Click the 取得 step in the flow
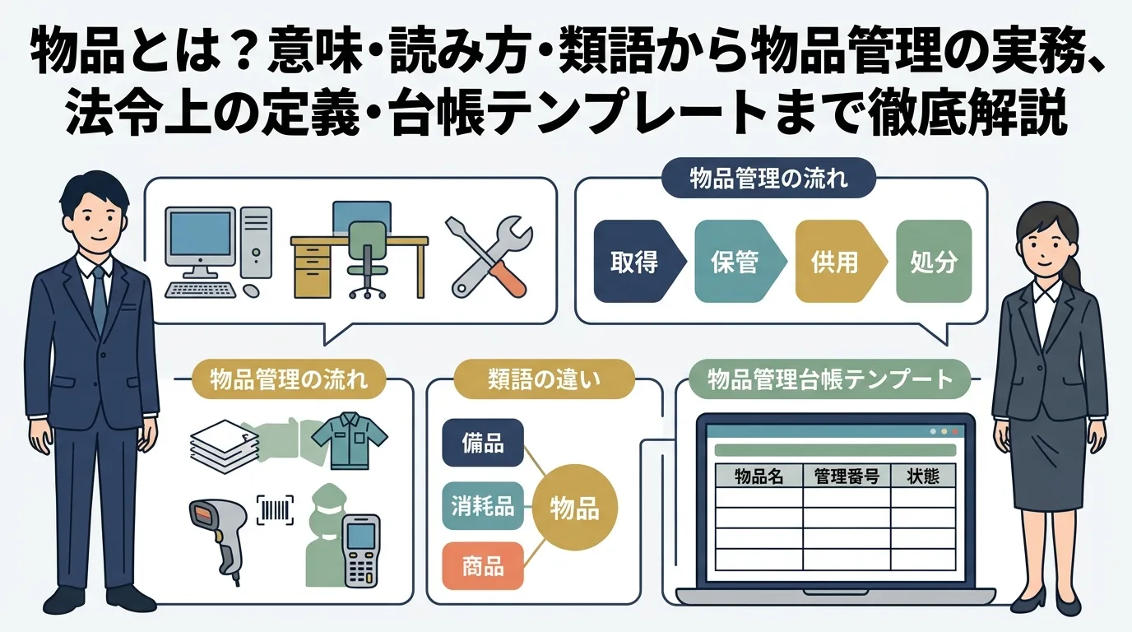[x=633, y=262]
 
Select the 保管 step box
[x=734, y=262]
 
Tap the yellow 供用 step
[x=834, y=262]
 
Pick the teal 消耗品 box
[x=483, y=504]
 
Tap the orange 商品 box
[x=483, y=565]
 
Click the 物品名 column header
[x=759, y=476]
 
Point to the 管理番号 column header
[x=847, y=476]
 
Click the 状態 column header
[x=923, y=476]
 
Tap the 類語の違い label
[x=545, y=379]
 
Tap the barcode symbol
[x=276, y=510]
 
